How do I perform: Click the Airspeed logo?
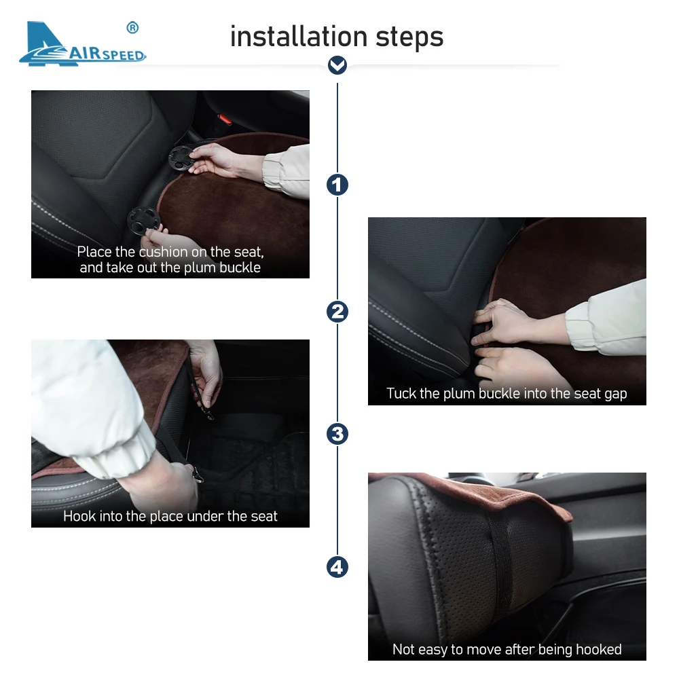click(x=82, y=43)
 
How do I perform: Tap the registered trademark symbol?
click(x=132, y=28)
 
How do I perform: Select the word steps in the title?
click(x=409, y=37)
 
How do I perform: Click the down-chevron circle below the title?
click(x=337, y=65)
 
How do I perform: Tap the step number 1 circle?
click(x=337, y=185)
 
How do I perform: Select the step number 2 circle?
click(x=337, y=312)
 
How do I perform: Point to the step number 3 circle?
click(x=337, y=434)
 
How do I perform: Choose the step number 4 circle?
click(x=337, y=567)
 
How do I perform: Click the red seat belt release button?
click(x=225, y=119)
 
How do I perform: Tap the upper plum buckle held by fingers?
click(x=181, y=159)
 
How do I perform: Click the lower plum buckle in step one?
click(x=144, y=221)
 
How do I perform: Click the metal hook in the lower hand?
click(x=197, y=475)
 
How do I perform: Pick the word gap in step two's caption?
click(x=615, y=394)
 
